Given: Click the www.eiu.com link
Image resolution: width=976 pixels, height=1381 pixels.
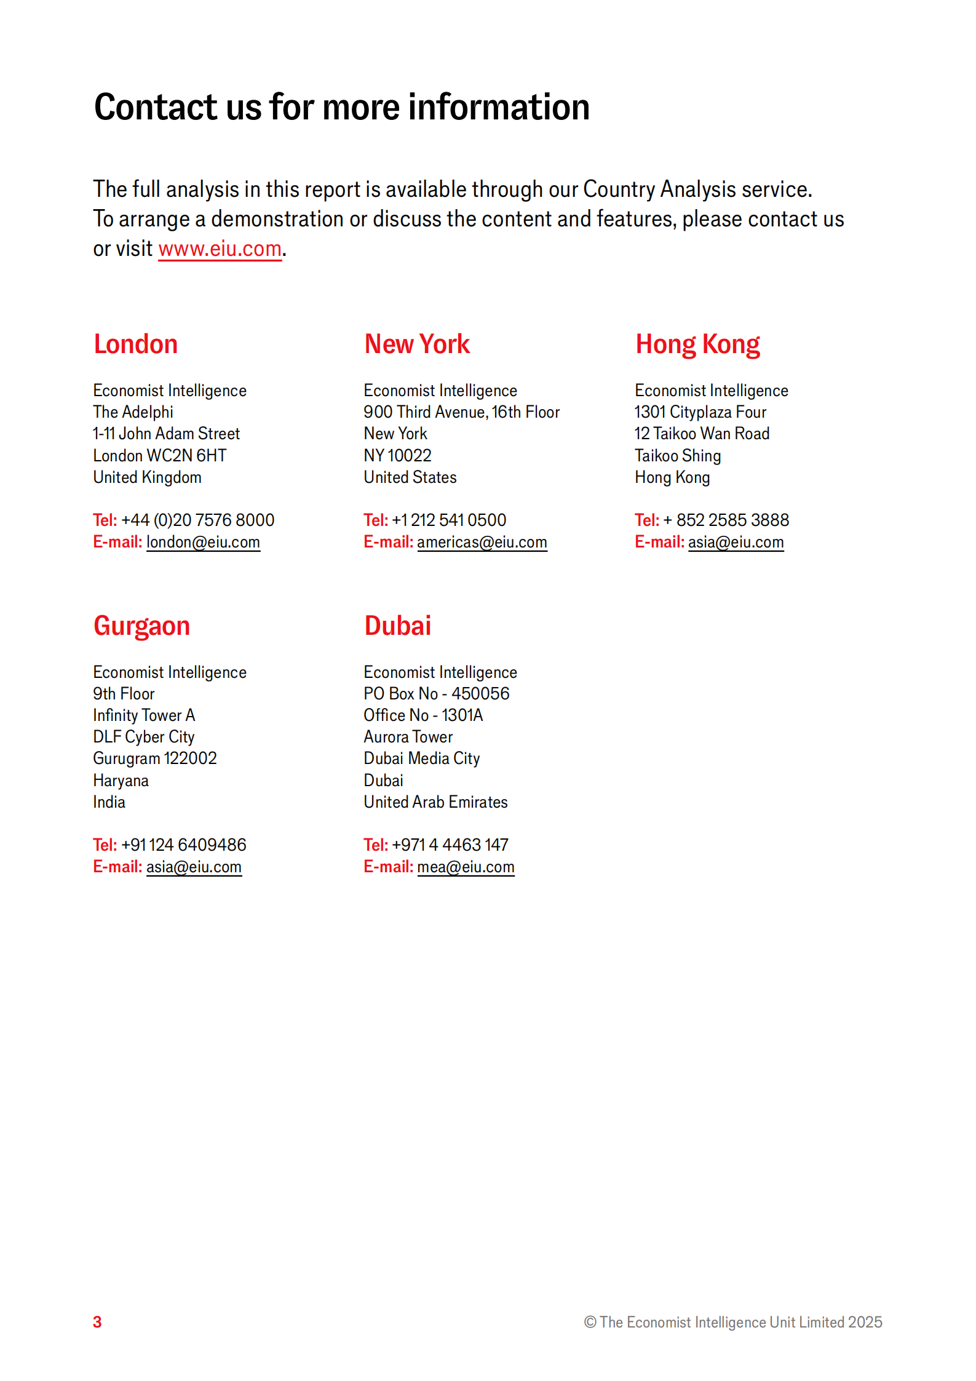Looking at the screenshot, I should (220, 249).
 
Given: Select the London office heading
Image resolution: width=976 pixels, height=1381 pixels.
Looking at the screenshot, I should (135, 344).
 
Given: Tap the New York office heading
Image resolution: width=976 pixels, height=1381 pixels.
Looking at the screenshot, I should (417, 344).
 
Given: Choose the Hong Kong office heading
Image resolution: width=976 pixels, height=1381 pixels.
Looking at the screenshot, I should (697, 344).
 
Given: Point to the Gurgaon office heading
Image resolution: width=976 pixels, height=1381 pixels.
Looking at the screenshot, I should (141, 626).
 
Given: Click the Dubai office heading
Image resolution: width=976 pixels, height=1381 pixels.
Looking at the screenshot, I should (398, 626).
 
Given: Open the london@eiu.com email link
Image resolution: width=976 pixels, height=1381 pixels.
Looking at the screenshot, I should (203, 542).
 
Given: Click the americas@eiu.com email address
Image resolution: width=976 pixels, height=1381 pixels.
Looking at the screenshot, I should (482, 542).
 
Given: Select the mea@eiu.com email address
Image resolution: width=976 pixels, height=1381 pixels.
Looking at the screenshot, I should (466, 867).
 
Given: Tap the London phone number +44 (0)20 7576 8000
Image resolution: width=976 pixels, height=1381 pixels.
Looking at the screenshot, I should (197, 520).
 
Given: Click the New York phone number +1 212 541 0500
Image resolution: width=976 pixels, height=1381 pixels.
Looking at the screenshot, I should (449, 520).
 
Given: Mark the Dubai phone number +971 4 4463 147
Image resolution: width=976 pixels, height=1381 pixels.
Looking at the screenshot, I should (450, 845).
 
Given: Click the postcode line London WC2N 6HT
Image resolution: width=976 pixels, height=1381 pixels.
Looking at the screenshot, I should (160, 456).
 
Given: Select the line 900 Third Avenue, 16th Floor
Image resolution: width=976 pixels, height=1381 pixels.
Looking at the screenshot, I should (461, 412).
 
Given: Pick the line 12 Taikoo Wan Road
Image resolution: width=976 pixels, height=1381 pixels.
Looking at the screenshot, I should (702, 434).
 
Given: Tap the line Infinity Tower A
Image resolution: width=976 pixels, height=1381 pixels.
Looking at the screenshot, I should (144, 715).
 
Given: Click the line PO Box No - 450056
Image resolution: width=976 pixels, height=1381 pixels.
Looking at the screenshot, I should (436, 694).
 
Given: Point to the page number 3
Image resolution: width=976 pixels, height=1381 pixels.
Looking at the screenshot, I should (97, 1322).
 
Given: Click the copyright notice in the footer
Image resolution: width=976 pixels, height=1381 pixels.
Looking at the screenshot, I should (732, 1322).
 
